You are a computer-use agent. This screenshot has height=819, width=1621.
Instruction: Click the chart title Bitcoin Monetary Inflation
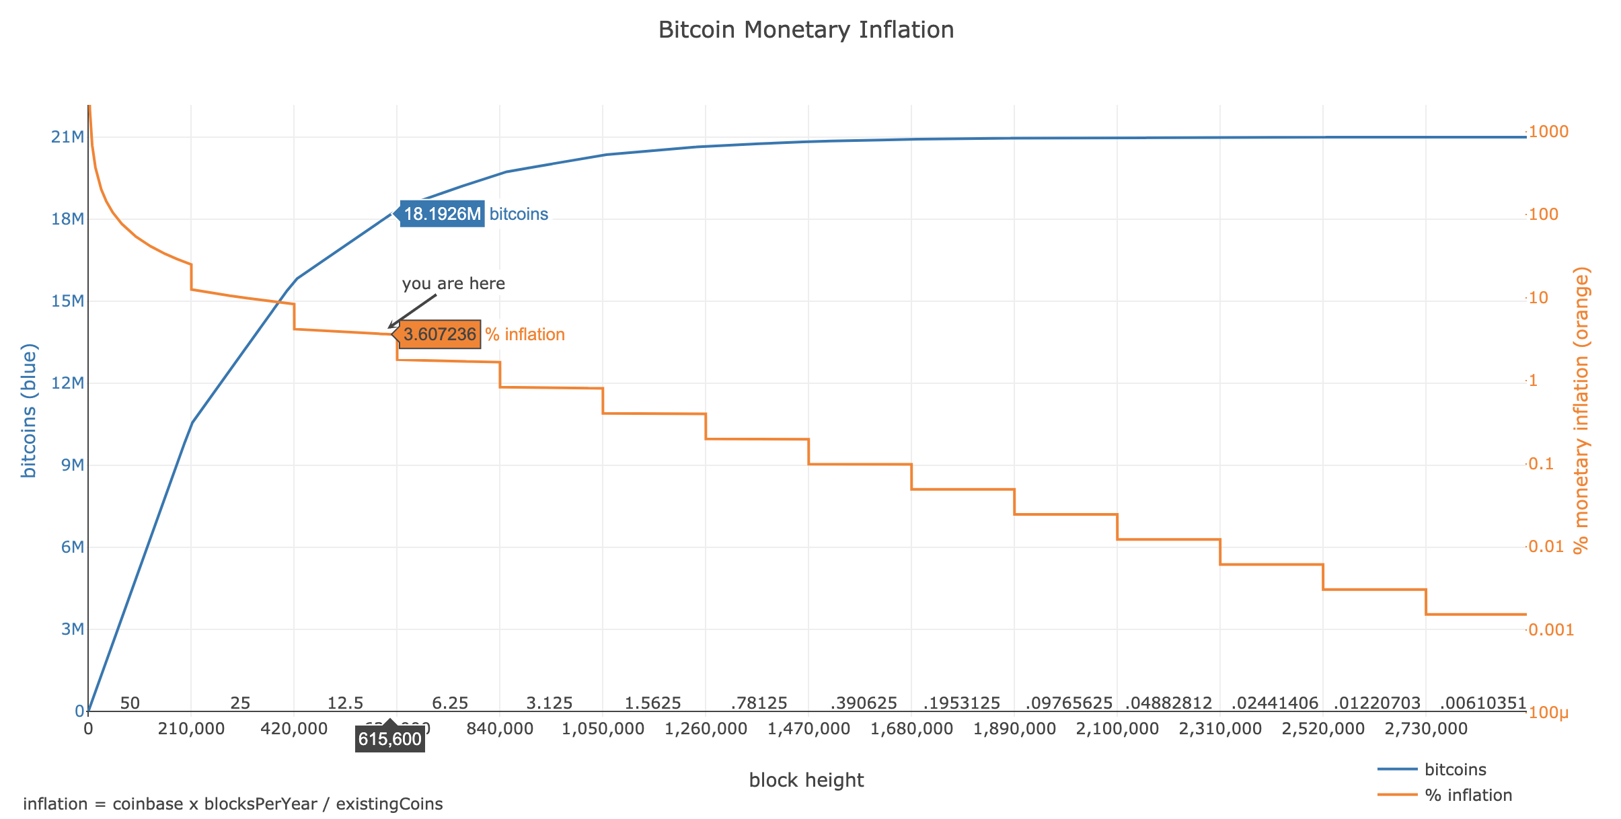(806, 30)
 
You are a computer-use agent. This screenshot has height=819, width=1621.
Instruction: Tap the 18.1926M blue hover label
(442, 214)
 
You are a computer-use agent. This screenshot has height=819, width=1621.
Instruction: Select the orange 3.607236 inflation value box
(440, 334)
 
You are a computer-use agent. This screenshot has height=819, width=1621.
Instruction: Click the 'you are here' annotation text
(453, 284)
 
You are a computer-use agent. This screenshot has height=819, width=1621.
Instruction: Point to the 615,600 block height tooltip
(390, 740)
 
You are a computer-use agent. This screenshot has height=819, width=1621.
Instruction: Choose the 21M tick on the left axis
(67, 137)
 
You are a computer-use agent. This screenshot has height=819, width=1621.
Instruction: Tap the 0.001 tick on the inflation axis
(1551, 630)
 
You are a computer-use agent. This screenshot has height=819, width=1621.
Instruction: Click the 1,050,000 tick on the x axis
(603, 729)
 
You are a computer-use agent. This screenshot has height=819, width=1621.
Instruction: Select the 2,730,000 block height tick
(1426, 729)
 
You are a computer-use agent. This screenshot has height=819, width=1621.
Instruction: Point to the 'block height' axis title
(806, 780)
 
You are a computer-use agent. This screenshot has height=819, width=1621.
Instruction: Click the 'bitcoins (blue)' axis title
(28, 411)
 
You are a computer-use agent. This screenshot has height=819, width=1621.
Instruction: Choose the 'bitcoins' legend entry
(1455, 769)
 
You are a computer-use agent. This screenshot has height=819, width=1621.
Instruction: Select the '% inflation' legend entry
(1468, 795)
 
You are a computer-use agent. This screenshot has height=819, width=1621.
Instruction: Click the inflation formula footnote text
(233, 804)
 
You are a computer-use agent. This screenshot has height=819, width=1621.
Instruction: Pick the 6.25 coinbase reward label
(450, 703)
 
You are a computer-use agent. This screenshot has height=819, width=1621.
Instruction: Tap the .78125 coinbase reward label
(759, 703)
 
